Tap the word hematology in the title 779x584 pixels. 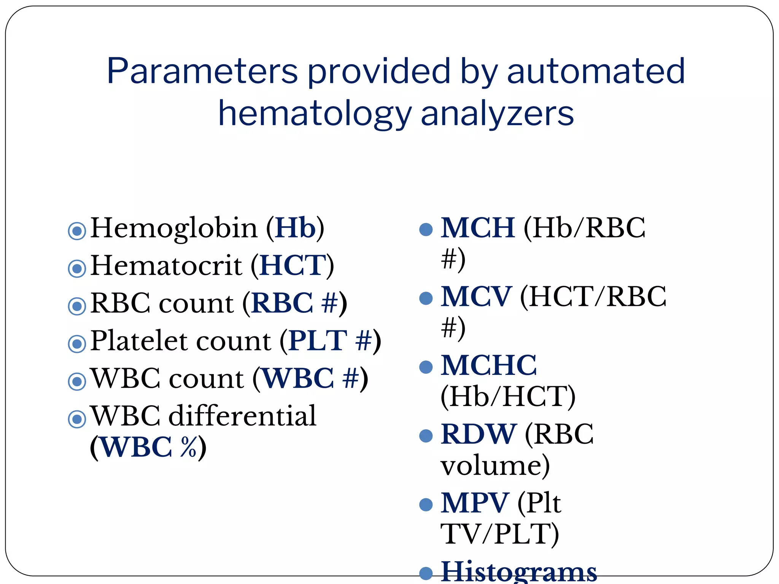point(315,113)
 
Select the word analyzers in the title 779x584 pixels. point(497,113)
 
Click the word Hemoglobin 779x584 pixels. point(174,228)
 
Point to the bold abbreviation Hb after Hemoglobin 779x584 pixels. point(295,228)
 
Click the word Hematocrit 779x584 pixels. point(166,265)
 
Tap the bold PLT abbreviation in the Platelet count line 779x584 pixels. point(318,341)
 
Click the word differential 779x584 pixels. point(242,416)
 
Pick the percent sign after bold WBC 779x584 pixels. point(189,447)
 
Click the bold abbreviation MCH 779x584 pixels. point(478,228)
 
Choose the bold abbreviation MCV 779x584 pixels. point(476,297)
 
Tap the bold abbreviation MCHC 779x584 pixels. point(488,365)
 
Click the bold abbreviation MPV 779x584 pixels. point(474,503)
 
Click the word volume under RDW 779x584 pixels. point(495,465)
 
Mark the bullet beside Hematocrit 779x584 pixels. point(77,268)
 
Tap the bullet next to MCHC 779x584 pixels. point(426,367)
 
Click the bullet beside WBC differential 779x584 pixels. point(77,419)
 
